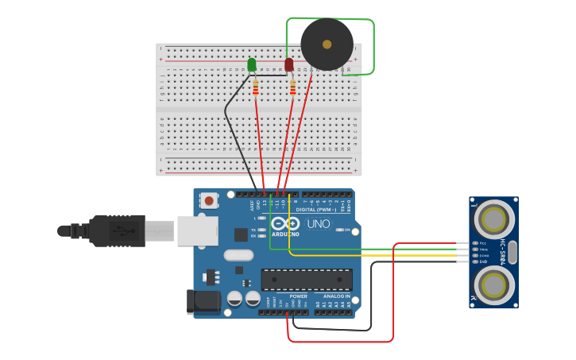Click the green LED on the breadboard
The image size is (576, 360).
pos(252,64)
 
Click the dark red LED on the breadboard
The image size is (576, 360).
pos(289,64)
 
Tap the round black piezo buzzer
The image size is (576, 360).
pos(327,44)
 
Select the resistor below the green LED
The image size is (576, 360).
pos(255,87)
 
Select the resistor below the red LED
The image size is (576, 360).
pos(292,87)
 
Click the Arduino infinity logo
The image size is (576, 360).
pos(286,224)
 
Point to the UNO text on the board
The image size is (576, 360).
pos(318,224)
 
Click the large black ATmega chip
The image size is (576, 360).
pos(307,280)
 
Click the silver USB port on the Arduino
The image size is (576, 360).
pos(197,230)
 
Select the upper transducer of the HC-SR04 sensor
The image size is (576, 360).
pos(493,219)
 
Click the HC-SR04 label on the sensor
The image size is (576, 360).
pos(502,251)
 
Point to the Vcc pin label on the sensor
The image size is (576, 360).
pos(483,242)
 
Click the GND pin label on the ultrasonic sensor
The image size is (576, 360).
pos(483,261)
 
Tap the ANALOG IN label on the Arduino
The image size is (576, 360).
pos(336,296)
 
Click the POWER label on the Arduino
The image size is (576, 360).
pos(298,296)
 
